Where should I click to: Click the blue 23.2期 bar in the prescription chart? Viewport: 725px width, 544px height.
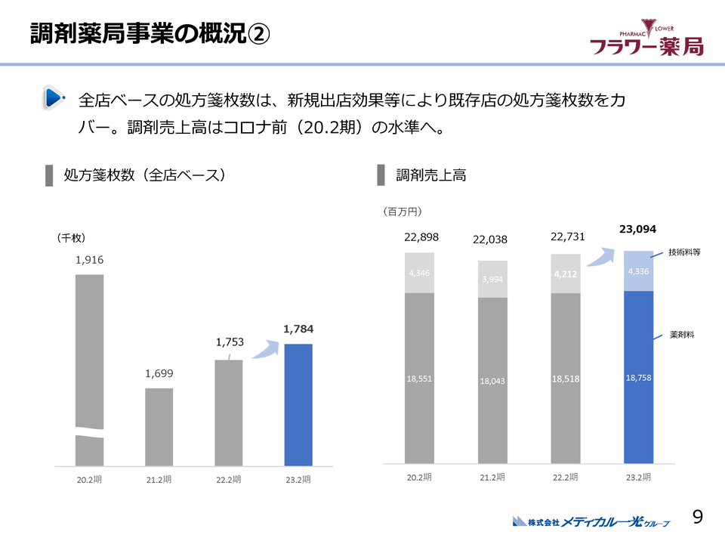click(298, 404)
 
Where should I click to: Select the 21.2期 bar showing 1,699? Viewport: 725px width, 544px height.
click(159, 427)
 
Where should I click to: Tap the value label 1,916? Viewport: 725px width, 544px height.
click(89, 260)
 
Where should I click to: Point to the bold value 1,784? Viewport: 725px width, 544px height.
click(298, 329)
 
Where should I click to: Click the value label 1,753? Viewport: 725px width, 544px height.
click(230, 342)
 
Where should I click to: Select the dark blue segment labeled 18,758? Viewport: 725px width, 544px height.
click(638, 378)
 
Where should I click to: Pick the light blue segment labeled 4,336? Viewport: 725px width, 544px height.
click(638, 270)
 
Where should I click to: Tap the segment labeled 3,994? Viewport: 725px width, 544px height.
click(492, 279)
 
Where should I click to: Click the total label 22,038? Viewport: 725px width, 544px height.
click(490, 240)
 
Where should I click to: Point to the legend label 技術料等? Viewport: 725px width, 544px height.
click(684, 252)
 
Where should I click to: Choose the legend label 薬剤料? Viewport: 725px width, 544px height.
click(682, 334)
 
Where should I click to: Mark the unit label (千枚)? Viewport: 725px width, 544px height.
click(72, 237)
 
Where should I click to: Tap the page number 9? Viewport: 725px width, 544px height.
click(698, 517)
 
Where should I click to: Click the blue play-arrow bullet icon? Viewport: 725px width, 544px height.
click(52, 97)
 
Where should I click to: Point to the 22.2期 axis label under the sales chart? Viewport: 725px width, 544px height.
click(565, 478)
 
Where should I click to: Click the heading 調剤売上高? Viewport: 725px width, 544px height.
click(430, 175)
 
